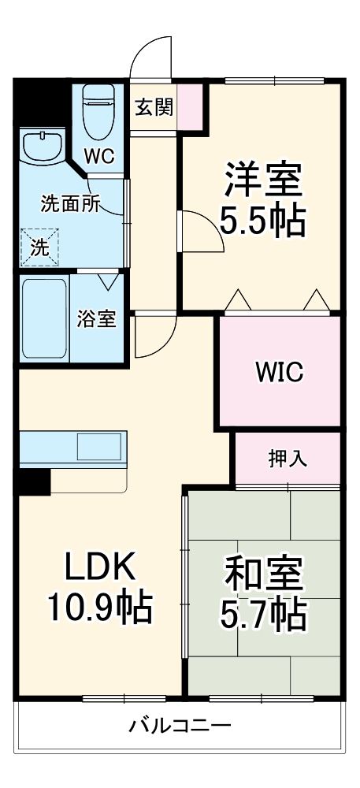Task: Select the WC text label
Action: click(x=100, y=155)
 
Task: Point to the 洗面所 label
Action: click(x=70, y=203)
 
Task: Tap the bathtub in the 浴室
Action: click(x=44, y=318)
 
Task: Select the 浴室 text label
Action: click(x=97, y=319)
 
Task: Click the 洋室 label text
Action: click(x=262, y=180)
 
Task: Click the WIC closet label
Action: click(x=279, y=372)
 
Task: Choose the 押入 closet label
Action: click(x=288, y=458)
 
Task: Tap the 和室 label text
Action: click(x=263, y=574)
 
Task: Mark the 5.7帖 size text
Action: click(x=263, y=615)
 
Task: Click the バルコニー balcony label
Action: click(x=180, y=725)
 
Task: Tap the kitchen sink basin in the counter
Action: click(x=98, y=447)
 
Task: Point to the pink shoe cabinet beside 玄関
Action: click(x=194, y=106)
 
